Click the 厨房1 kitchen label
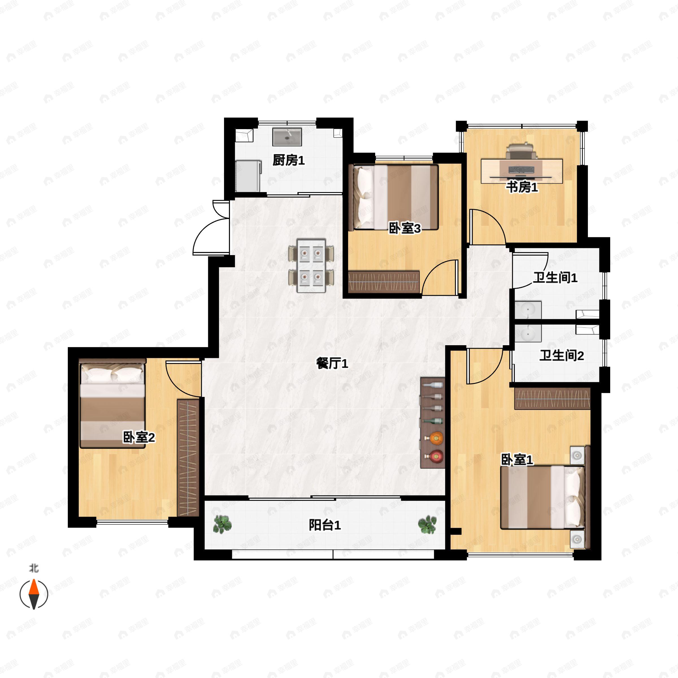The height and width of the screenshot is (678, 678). point(288,160)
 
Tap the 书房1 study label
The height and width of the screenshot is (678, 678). point(522,187)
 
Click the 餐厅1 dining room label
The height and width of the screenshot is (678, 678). point(332,364)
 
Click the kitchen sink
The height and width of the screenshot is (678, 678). point(287,136)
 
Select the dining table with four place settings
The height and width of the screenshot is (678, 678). point(311,265)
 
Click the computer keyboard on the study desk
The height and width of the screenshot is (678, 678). point(521,170)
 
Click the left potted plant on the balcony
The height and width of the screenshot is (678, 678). point(222,524)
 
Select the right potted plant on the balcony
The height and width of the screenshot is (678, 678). point(427,524)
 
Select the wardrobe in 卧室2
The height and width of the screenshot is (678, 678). point(188,458)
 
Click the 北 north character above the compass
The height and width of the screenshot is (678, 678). point(34,568)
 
